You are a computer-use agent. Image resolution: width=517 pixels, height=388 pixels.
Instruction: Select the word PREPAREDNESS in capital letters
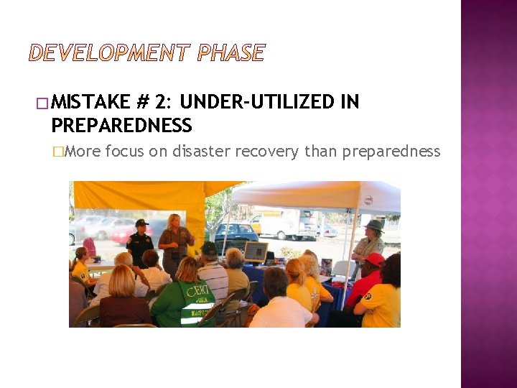pyautogui.click(x=121, y=126)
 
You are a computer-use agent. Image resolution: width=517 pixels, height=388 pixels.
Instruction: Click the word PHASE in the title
pyautogui.click(x=231, y=53)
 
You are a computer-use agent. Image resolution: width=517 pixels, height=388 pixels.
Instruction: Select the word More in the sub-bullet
pyautogui.click(x=86, y=151)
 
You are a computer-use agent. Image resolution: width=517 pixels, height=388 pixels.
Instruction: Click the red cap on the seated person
pyautogui.click(x=376, y=259)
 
